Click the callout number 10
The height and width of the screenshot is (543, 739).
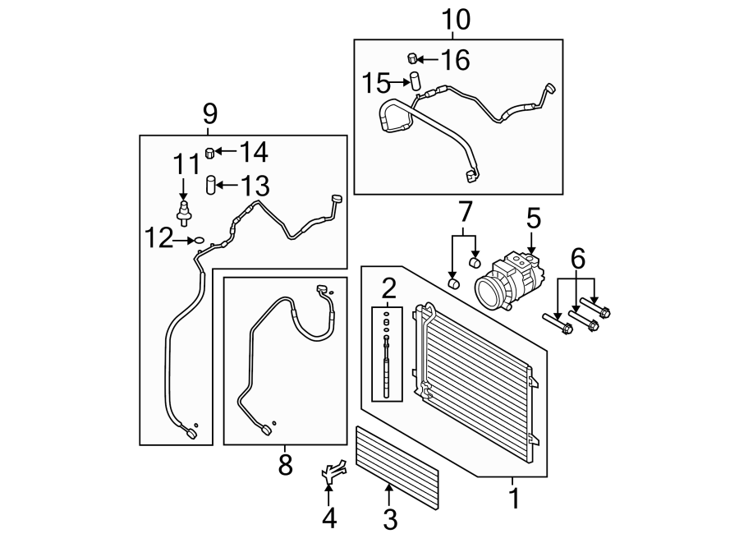[457, 20]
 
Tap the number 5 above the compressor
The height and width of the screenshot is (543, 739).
[533, 219]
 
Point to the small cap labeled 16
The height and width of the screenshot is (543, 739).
[415, 58]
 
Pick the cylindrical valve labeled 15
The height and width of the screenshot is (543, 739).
[415, 81]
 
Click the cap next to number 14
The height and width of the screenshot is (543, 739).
[210, 152]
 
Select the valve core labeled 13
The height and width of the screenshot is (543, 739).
[211, 184]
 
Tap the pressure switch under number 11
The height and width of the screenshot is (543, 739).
[186, 210]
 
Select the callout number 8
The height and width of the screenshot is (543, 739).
[285, 466]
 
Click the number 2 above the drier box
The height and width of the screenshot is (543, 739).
[388, 288]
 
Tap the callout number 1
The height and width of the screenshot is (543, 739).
[514, 498]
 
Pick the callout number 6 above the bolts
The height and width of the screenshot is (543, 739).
[578, 261]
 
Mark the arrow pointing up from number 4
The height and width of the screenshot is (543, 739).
[329, 495]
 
